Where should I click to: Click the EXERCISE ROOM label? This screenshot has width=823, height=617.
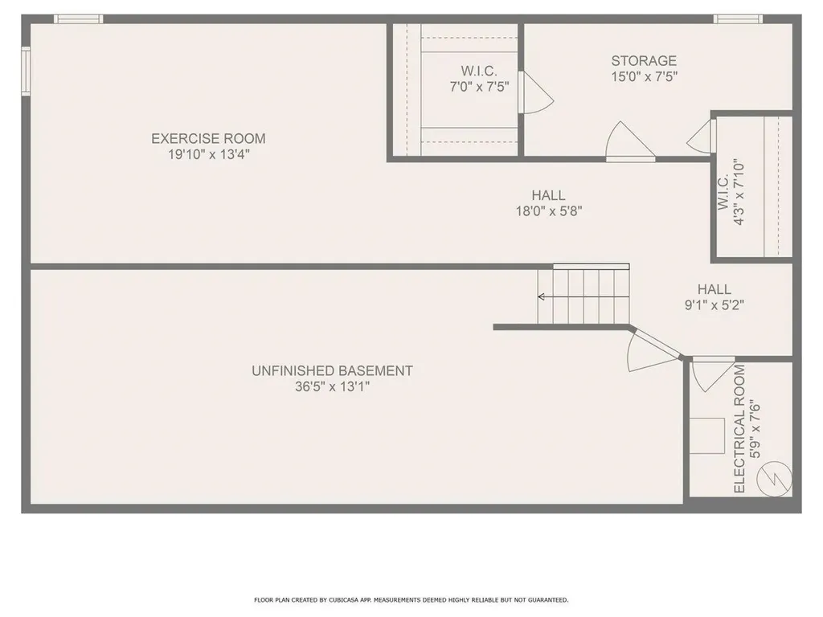[x=208, y=138]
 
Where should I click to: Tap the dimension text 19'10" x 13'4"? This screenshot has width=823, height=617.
[x=208, y=155]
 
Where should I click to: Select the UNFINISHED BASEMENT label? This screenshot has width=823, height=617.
[x=332, y=370]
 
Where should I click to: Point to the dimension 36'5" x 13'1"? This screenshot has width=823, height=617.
[x=332, y=387]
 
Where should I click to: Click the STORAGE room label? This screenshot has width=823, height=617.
[x=644, y=60]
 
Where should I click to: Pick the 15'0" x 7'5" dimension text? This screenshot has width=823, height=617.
[x=644, y=77]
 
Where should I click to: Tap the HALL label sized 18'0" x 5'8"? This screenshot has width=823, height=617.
[x=548, y=195]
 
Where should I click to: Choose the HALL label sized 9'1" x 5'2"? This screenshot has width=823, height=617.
[x=714, y=289]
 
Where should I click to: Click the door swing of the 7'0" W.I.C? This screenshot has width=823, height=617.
[x=535, y=92]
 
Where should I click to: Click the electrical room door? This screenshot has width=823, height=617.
[x=711, y=373]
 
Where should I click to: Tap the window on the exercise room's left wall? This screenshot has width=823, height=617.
[x=26, y=71]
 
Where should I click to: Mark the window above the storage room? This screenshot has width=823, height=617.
[x=737, y=18]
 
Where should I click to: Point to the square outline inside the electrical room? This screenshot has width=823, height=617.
[x=710, y=436]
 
